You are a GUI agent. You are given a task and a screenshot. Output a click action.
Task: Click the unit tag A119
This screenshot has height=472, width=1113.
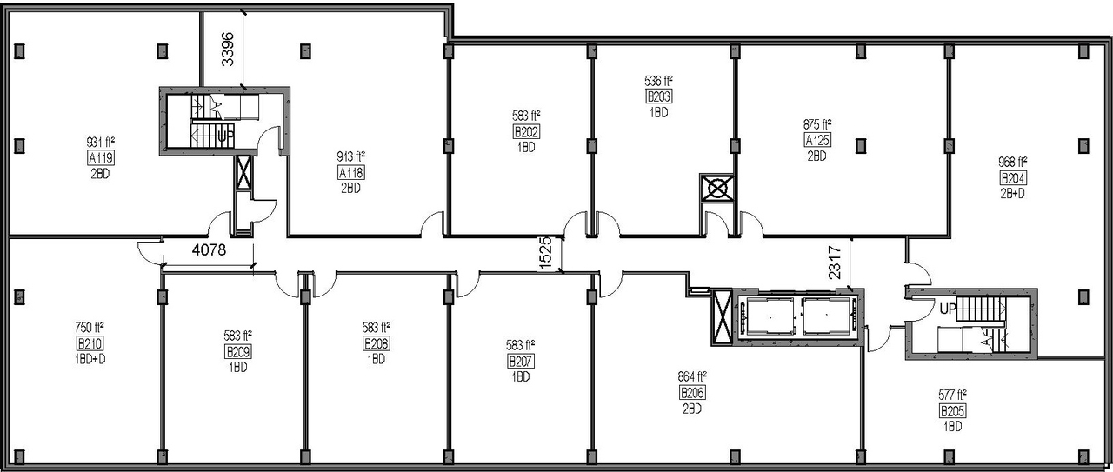pos(102,158)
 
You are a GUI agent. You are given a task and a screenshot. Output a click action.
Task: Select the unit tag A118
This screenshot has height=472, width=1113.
pos(351,172)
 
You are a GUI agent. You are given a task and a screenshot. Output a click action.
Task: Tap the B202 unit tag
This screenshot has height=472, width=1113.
pos(525,131)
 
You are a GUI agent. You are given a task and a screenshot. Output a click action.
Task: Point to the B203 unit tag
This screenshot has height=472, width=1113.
pos(658,96)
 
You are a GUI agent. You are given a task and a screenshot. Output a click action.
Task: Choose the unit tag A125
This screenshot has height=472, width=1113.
pos(816,141)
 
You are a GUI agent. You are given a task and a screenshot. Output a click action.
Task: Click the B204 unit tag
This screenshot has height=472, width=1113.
pos(1014,178)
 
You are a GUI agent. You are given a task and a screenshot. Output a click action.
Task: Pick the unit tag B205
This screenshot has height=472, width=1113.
pos(953,411)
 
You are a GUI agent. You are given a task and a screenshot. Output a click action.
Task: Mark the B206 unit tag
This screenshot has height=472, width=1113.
pos(692,393)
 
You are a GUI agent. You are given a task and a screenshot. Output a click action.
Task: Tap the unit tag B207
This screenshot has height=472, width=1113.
pos(521,361)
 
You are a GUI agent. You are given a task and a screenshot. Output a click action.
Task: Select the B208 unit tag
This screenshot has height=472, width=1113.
pos(377,343)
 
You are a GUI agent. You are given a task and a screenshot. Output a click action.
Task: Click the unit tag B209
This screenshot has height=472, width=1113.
pos(237,351)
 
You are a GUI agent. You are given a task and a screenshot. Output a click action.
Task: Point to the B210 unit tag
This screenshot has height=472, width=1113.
pos(90,342)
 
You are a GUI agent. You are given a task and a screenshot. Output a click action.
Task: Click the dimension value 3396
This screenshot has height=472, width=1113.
pos(228,50)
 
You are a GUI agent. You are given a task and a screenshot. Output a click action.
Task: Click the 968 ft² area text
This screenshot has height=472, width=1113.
pos(1014,163)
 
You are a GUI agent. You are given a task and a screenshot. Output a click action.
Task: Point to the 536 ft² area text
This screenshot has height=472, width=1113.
pos(658,81)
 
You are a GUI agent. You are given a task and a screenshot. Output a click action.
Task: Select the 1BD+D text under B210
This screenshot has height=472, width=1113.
pos(90,358)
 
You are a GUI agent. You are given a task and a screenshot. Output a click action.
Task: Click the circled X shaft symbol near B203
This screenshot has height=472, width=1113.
pos(718,189)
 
